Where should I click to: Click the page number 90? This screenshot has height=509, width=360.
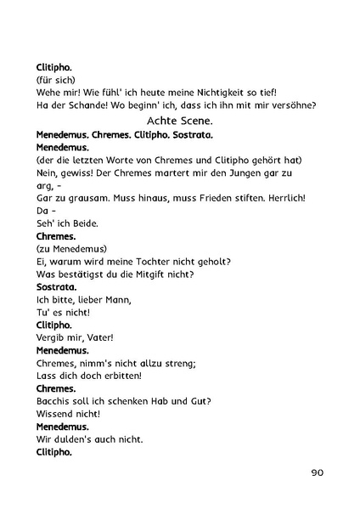point(317,473)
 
